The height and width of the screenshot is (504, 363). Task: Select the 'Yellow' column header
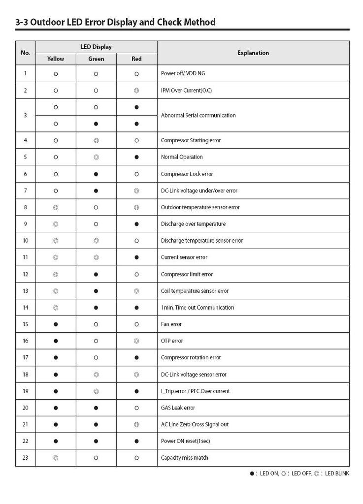pyautogui.click(x=56, y=59)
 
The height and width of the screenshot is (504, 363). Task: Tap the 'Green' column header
pyautogui.click(x=96, y=59)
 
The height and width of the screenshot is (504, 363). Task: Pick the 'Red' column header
pyautogui.click(x=136, y=59)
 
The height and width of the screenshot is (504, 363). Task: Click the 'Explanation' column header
pyautogui.click(x=253, y=53)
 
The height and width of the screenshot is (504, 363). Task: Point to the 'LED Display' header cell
pyautogui.click(x=96, y=47)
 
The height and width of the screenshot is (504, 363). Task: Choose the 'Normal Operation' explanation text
pyautogui.click(x=182, y=157)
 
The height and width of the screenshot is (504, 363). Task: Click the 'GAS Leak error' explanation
pyautogui.click(x=178, y=408)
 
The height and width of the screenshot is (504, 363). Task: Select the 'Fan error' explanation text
pyautogui.click(x=171, y=324)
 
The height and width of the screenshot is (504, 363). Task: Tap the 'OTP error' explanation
pyautogui.click(x=172, y=341)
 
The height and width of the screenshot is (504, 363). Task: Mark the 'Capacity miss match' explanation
pyautogui.click(x=184, y=458)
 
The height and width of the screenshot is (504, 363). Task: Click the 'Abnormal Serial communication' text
pyautogui.click(x=198, y=115)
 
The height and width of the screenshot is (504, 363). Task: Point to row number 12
pyautogui.click(x=26, y=274)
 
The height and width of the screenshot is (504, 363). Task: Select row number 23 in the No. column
pyautogui.click(x=26, y=458)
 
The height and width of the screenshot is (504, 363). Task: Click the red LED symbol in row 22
pyautogui.click(x=136, y=441)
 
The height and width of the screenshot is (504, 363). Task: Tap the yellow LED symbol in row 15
pyautogui.click(x=56, y=324)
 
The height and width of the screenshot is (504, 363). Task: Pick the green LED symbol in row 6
pyautogui.click(x=96, y=174)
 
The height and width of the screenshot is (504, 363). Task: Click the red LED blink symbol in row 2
pyautogui.click(x=136, y=91)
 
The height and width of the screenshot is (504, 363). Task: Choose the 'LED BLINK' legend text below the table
pyautogui.click(x=337, y=474)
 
